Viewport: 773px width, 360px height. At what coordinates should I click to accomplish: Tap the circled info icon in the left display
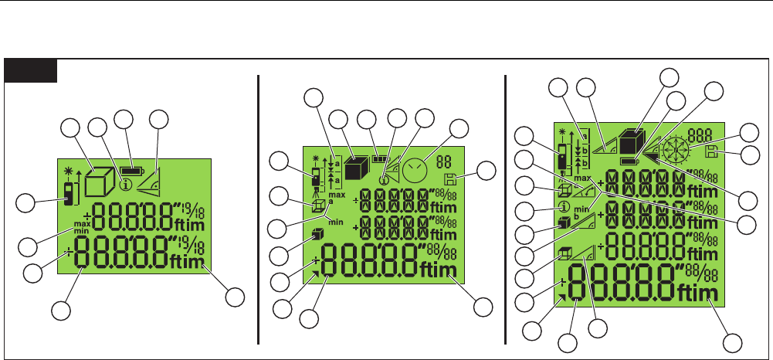tap(123, 185)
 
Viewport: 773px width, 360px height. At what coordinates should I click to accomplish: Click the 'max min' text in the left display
tap(83, 226)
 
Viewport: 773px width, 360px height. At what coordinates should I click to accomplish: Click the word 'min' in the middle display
tap(335, 221)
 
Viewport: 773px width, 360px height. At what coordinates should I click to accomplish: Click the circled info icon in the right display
tap(564, 206)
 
